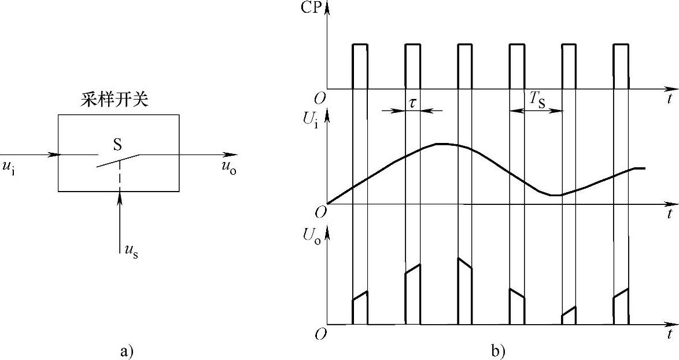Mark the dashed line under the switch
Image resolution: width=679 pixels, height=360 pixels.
click(x=120, y=175)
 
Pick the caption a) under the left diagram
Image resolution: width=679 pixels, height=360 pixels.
click(x=126, y=350)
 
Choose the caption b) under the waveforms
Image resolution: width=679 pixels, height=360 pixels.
click(x=497, y=350)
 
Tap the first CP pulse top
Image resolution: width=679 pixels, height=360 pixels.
click(x=360, y=44)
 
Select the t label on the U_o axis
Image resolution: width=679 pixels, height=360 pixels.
click(x=669, y=335)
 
